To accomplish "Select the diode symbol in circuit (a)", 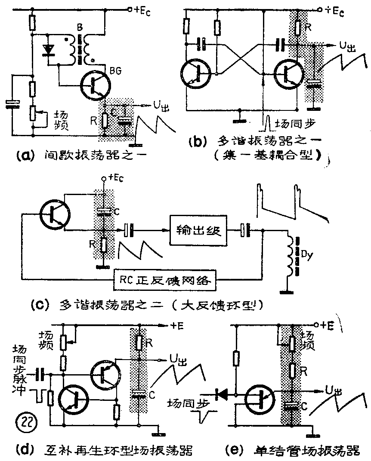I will (x=49, y=50).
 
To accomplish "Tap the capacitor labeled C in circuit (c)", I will (x=103, y=211).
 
